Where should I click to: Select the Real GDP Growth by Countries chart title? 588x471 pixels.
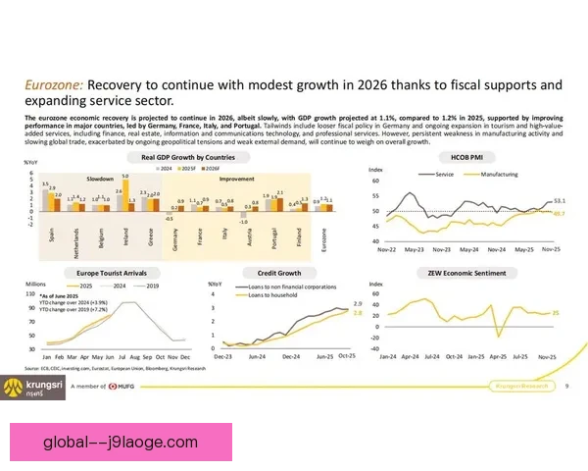(x=188, y=157)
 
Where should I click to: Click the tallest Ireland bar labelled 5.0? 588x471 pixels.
(x=125, y=193)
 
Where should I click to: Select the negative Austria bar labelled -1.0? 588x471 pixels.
(x=242, y=217)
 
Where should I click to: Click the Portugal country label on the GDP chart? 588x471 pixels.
(x=270, y=239)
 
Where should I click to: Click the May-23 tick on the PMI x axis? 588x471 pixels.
(x=416, y=250)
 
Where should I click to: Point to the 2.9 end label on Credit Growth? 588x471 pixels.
(x=358, y=304)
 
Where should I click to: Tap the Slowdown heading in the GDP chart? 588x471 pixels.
(x=100, y=179)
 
